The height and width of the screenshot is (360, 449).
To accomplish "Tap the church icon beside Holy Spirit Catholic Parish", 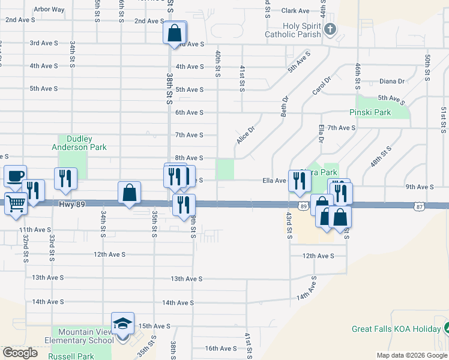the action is pos(330,29).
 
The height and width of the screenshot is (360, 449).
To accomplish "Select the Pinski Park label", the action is pos(370,112).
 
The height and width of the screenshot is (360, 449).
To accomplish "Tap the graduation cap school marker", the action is pos(122,324).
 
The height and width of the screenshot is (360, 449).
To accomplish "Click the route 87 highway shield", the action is pos(418,206).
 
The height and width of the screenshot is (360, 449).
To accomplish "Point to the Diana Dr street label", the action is pos(392,81).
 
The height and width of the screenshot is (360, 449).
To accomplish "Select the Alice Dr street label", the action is pos(246,134).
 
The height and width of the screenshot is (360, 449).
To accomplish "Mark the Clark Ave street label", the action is pos(295,11).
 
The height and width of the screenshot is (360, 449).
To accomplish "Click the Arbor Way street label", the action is pos(49,10).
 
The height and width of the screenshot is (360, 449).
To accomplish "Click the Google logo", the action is pos(20,353).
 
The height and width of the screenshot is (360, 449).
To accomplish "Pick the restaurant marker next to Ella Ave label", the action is pos(299,181).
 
